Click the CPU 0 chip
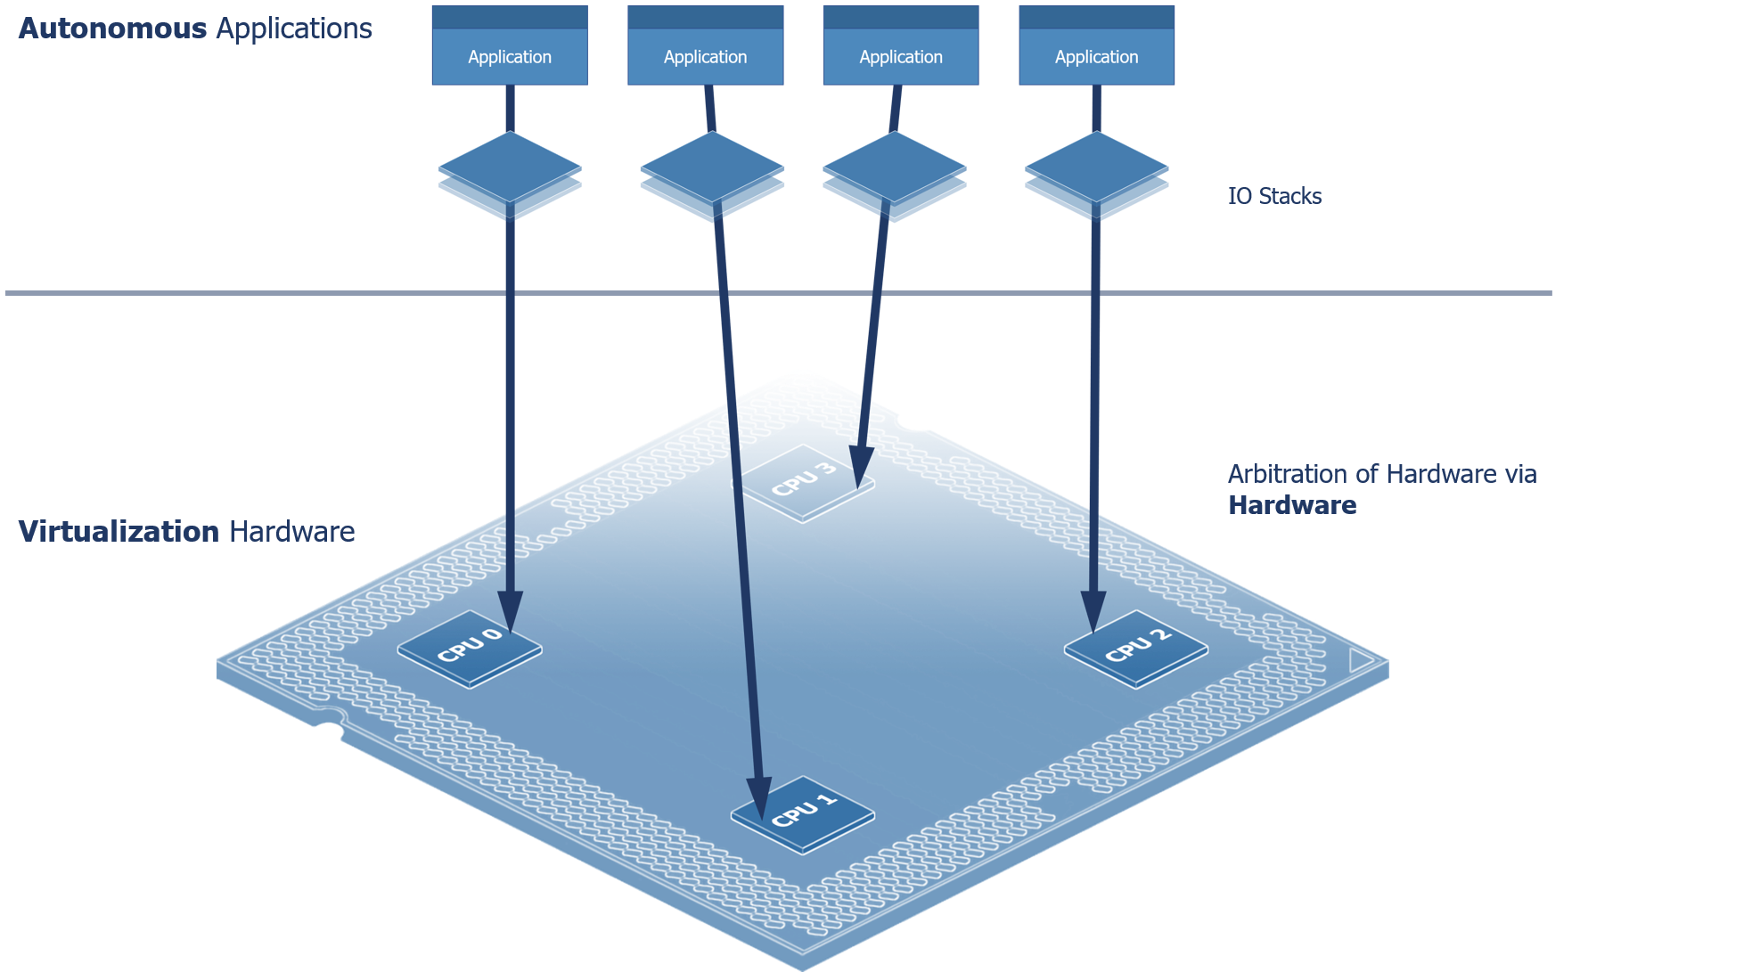point(469,649)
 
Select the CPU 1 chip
point(803,814)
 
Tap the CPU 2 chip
point(1136,649)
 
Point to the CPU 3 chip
point(803,483)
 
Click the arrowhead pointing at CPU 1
point(759,797)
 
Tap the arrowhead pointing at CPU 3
point(861,466)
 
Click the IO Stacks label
point(1274,196)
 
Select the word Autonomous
point(112,29)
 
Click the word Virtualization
point(119,532)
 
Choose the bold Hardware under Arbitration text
point(1292,505)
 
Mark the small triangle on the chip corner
point(1361,660)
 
